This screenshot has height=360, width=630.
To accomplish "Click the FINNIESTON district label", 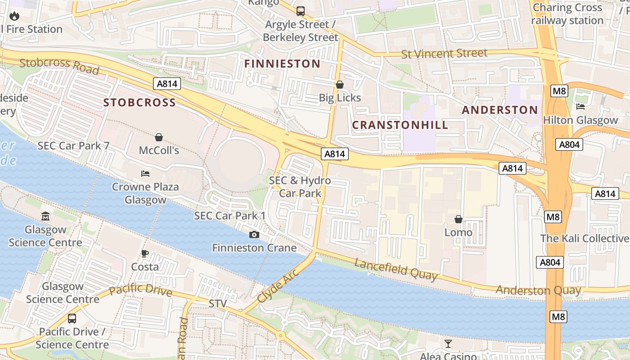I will coord(282,64).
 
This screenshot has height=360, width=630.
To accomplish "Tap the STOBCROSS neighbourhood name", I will coord(139,103).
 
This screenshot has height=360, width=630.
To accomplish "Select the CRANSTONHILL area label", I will coord(400,125).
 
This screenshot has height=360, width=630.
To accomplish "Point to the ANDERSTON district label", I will coord(499,110).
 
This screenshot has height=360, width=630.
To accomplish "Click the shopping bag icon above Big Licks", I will coord(340,85).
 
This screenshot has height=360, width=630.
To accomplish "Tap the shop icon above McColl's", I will coord(158,137).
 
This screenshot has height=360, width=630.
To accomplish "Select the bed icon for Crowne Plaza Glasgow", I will coord(145,174).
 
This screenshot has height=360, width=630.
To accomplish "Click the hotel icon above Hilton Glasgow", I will coord(580,107).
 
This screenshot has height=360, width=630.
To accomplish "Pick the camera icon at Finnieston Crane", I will coord(254,234).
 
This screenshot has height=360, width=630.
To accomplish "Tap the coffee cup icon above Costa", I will coord(145,253).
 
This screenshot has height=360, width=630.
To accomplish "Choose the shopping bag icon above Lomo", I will coord(458,219).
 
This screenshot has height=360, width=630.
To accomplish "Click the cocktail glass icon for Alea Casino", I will coord(448,344).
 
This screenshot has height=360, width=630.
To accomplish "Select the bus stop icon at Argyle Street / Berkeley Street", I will coord(300,11).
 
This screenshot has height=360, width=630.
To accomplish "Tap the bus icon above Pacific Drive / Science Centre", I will coord(72,319).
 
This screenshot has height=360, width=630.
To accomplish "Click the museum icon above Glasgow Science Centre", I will coord(45,216).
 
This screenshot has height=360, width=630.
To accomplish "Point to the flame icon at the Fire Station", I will coord(14,16).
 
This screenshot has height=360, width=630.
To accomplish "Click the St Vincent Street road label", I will coord(444,54).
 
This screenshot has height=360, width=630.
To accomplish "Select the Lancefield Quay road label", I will coord(396,269).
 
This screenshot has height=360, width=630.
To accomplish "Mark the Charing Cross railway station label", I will coord(567,14).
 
